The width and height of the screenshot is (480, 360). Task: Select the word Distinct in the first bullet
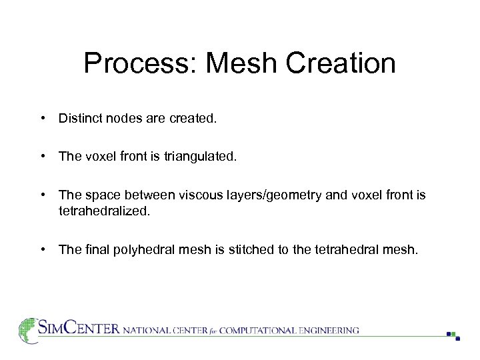[x=79, y=119]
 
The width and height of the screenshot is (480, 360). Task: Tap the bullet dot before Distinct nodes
[x=43, y=119]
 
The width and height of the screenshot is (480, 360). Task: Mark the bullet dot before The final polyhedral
[x=43, y=250]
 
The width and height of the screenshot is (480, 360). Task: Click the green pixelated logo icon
[x=27, y=330]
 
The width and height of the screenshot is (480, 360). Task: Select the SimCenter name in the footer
[x=79, y=329]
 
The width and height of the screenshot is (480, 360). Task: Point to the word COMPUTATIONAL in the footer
[x=257, y=330]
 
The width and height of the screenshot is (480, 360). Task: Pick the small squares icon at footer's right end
[x=453, y=335]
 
